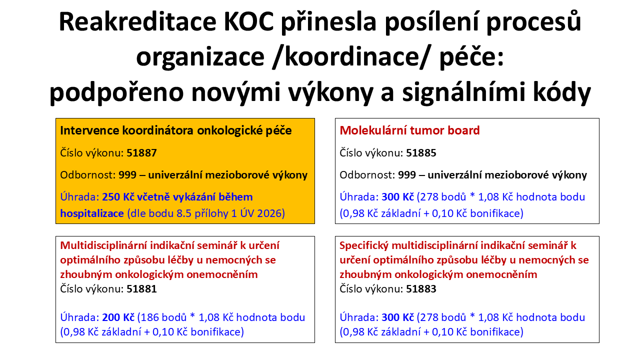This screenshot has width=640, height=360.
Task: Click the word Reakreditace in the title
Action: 137,21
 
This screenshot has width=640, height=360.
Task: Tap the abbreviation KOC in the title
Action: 249,21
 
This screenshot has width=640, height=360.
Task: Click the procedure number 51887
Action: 141,153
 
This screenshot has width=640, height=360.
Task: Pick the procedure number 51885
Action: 421,153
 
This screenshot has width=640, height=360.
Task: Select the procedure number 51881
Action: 141,289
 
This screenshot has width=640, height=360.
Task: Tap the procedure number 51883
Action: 421,289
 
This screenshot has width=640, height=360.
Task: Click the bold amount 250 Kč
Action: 118,197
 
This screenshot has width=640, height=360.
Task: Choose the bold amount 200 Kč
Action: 118,317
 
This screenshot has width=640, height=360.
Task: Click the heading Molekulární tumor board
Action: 409,130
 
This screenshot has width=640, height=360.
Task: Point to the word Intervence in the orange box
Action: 89,130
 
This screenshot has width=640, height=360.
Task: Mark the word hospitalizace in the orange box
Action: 92,213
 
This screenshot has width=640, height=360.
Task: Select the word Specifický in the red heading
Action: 364,245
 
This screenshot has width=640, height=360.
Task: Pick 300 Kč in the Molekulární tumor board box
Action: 397,197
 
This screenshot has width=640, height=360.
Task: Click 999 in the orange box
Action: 127,175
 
